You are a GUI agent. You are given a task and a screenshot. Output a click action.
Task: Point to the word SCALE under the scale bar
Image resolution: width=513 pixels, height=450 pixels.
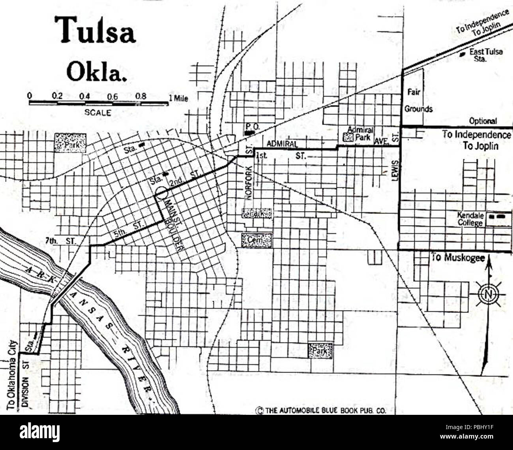(97, 112)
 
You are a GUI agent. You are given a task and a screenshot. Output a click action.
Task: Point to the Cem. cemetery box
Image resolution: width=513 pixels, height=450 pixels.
(257, 239)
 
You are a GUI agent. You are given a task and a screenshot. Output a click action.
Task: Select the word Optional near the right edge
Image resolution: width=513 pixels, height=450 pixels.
(483, 121)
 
